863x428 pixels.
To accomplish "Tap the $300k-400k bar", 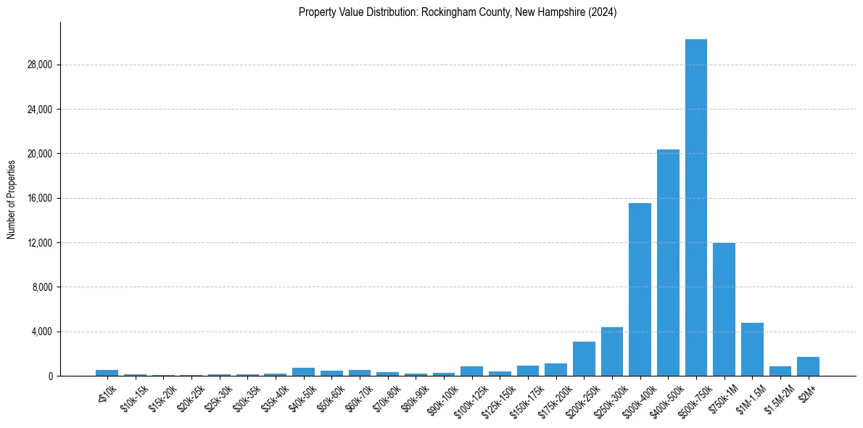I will pos(640,289).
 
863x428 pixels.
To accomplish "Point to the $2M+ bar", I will pos(808,366).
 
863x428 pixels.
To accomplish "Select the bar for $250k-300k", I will pos(612,352).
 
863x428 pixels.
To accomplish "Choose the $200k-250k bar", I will pos(584,359).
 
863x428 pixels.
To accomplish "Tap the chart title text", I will pos(458,12).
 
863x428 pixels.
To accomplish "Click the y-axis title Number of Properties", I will pos(12,199).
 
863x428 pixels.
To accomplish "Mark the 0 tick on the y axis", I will pos(50,376).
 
